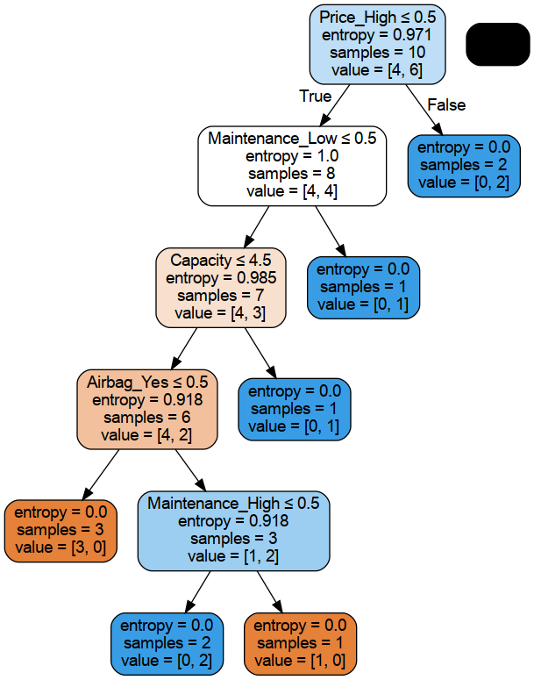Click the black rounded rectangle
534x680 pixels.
tap(497, 44)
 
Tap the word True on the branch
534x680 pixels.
tap(315, 96)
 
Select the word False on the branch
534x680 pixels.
tap(446, 104)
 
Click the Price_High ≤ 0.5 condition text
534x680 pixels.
tap(378, 17)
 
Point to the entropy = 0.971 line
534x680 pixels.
tap(377, 35)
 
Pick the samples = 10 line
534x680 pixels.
tap(377, 53)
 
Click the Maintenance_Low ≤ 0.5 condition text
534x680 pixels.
tap(292, 139)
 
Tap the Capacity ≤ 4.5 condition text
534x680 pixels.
tap(221, 261)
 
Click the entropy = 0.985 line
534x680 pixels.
tap(221, 278)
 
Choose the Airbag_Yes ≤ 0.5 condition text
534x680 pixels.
tap(147, 382)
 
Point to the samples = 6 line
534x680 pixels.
tap(147, 417)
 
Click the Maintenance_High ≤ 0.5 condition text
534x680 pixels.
tap(233, 504)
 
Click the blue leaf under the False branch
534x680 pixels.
tap(464, 166)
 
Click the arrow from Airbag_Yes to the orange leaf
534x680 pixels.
tap(101, 475)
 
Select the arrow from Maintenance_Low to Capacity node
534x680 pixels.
tap(257, 226)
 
